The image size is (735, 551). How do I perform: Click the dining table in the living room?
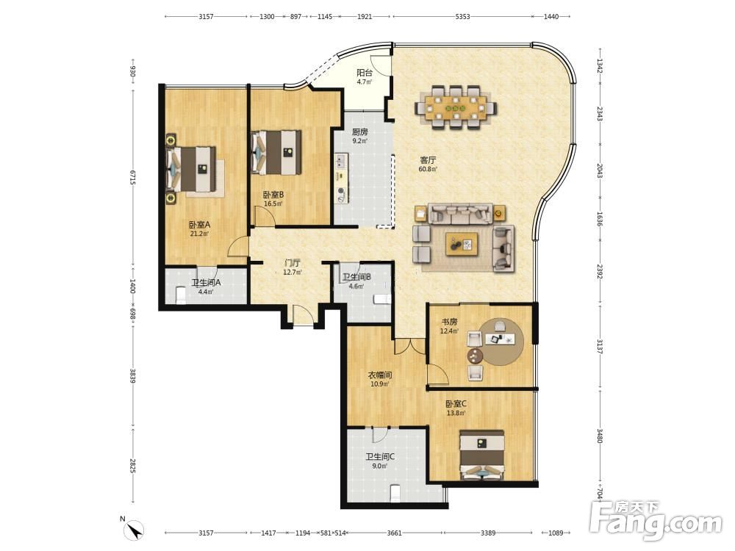[x=456, y=107]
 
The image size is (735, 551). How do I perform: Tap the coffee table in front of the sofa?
[x=462, y=244]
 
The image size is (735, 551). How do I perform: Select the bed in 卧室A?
[x=191, y=169]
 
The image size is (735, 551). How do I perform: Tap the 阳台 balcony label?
[x=365, y=73]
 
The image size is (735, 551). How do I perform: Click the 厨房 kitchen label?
[x=359, y=132]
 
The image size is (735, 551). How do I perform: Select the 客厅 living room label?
[x=428, y=160]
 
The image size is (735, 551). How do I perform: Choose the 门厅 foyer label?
[x=292, y=263]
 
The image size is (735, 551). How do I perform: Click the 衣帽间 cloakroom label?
[x=380, y=375]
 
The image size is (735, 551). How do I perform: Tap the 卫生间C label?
[x=380, y=456]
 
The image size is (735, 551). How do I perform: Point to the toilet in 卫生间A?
[x=181, y=295]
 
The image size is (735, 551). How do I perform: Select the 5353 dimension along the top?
[x=462, y=16]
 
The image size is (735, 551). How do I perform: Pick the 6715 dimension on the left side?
[x=132, y=177]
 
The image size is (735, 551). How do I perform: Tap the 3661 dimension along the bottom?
[x=395, y=533]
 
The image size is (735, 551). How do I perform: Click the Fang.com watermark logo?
[x=656, y=521]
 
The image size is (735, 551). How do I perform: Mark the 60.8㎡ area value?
[x=428, y=169]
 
